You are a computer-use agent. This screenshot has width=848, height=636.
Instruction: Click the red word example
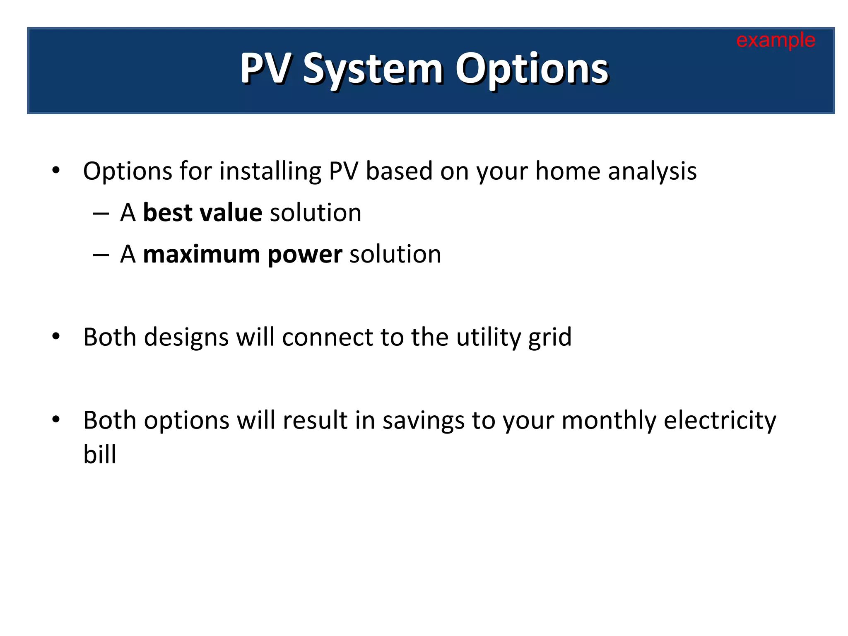pos(776,41)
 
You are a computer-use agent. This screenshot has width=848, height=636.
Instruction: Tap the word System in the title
pos(373,70)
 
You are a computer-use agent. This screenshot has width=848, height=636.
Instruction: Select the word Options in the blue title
pos(532,70)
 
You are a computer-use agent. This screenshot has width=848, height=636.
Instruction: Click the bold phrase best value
pos(202,213)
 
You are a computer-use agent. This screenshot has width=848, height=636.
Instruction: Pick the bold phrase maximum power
pos(242,254)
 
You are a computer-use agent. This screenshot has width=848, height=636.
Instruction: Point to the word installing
pos(270,171)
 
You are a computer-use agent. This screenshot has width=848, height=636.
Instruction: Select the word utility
pos(488,337)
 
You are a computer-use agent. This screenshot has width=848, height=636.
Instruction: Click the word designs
pos(186,337)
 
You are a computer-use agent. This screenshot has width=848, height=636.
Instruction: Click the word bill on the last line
pos(99,454)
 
